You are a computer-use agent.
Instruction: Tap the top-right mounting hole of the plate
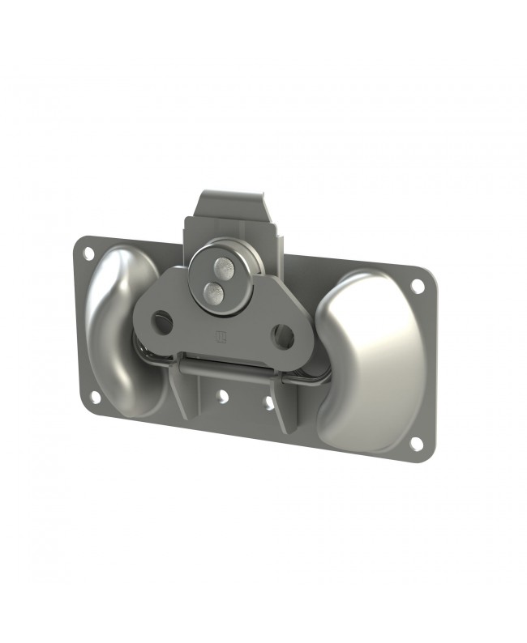(x=418, y=286)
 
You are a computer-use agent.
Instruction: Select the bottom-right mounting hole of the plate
(x=416, y=444)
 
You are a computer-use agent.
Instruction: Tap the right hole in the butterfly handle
(x=282, y=335)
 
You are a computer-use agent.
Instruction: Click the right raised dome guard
(x=369, y=356)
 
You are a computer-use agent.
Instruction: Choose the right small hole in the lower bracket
(x=268, y=402)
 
